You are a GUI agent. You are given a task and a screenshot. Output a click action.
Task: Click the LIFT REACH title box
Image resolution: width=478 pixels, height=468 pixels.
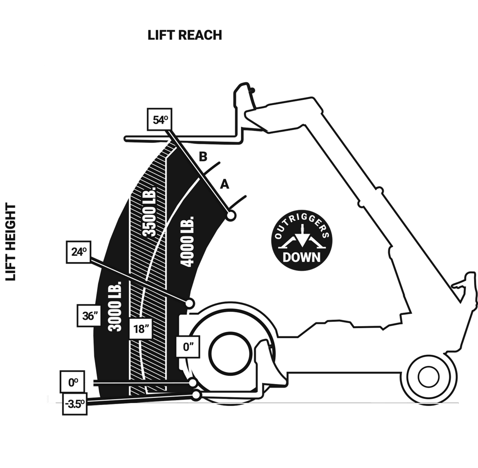(x=185, y=35)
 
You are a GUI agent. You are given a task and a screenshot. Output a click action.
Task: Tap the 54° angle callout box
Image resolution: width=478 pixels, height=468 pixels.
(x=159, y=120)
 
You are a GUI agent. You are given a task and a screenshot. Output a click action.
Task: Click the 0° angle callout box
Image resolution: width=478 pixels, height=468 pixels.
(x=73, y=383)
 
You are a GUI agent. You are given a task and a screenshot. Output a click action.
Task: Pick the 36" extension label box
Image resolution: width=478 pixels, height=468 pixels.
(x=89, y=316)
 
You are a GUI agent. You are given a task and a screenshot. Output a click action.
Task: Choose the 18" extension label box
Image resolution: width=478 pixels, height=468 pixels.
(x=141, y=329)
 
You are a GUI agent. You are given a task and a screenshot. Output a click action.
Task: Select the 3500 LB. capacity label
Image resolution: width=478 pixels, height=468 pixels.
(x=150, y=212)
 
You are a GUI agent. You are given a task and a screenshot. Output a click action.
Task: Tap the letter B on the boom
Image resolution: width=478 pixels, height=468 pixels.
(x=202, y=157)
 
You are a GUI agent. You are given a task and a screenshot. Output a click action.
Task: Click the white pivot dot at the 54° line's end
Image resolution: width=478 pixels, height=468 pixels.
(x=231, y=216)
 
